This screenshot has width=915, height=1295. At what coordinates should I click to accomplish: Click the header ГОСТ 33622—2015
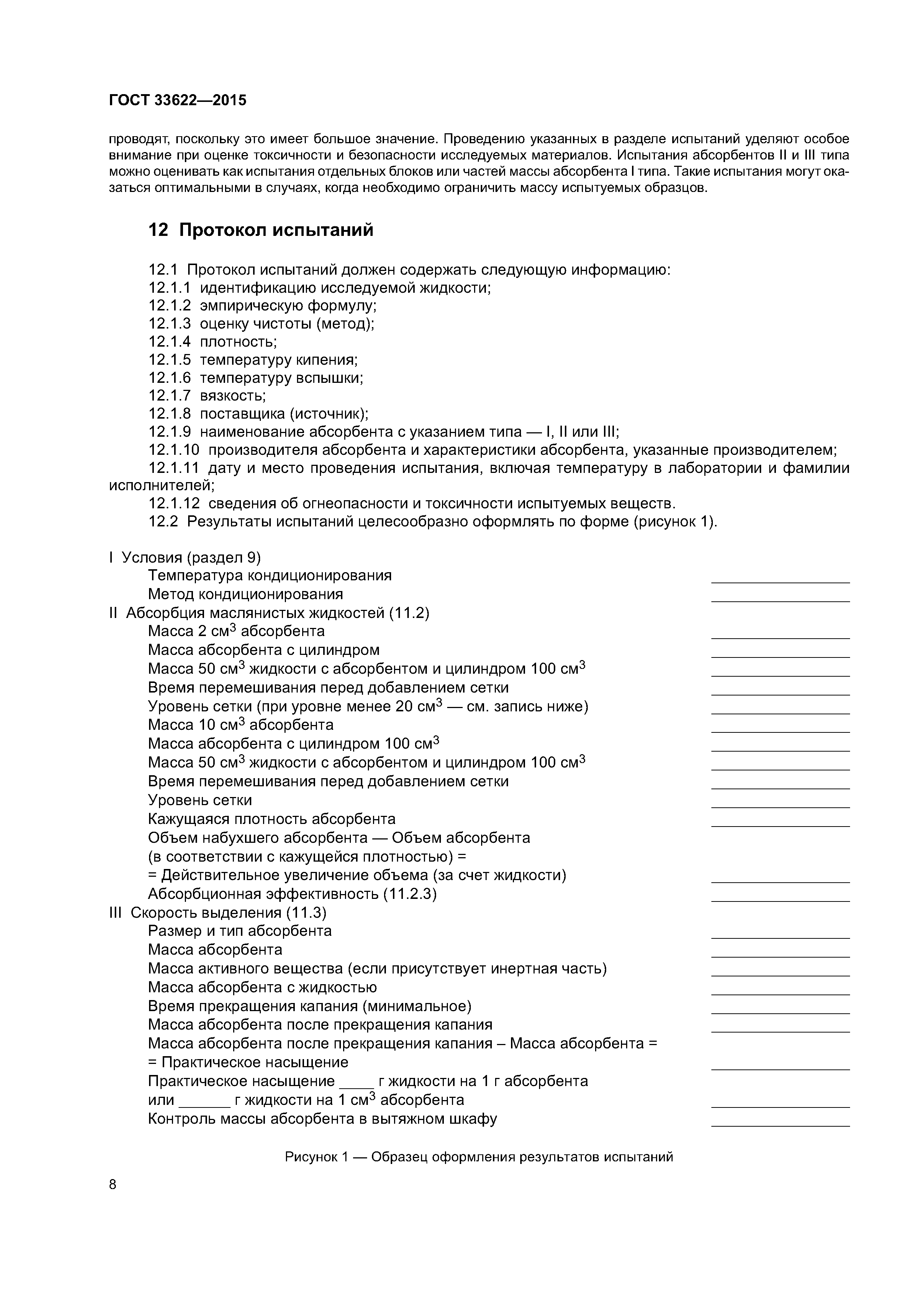coord(177,100)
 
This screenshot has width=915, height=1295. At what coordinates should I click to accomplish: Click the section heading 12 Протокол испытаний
coord(260,230)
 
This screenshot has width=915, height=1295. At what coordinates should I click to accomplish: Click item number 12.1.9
coord(169,432)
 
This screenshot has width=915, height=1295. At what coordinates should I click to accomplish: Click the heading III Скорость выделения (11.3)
coord(218,913)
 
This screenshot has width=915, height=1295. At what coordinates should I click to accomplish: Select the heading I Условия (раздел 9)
coord(185,558)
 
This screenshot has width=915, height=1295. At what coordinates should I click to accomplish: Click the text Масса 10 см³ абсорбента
coord(241,725)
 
